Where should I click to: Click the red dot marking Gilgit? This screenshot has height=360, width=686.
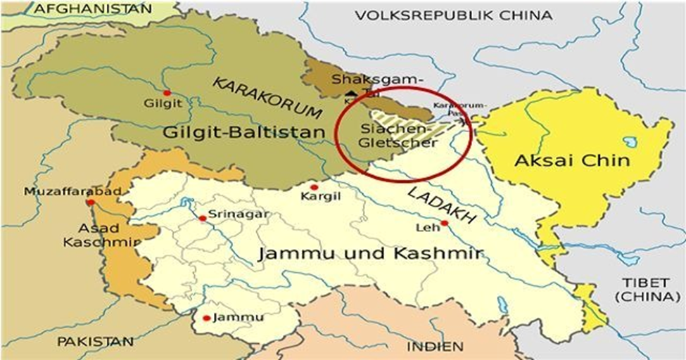[x=167, y=93]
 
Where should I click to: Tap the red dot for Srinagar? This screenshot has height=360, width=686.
[x=203, y=218]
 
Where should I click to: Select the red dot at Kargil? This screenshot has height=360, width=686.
[x=314, y=187]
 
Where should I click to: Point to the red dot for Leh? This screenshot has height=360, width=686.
[x=444, y=224]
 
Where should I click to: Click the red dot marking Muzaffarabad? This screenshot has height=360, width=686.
[x=90, y=202]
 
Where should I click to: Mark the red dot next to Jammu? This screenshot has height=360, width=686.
[x=206, y=318]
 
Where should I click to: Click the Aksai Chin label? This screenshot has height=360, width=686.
[x=571, y=160]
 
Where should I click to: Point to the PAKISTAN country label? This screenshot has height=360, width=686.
[x=96, y=342]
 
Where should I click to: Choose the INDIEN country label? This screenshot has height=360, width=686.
[x=434, y=347]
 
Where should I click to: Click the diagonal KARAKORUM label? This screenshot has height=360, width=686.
[x=267, y=98]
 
